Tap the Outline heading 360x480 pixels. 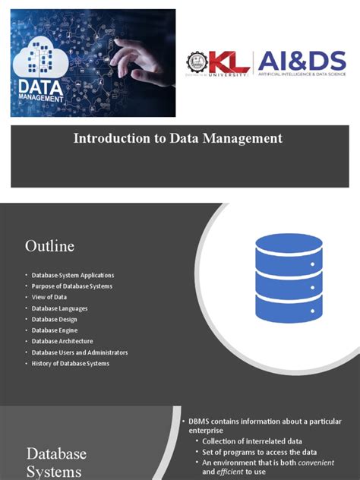coord(50,246)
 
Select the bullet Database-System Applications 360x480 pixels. coord(73,275)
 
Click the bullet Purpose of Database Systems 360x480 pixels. coord(72,286)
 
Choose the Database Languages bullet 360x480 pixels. coord(60,308)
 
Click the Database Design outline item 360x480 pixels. coord(55,320)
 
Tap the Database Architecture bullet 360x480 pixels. coord(64,342)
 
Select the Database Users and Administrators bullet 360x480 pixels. coord(80,352)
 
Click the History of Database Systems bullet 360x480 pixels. coord(71,364)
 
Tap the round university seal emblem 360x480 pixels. coord(196,62)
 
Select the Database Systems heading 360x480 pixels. coord(56,462)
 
